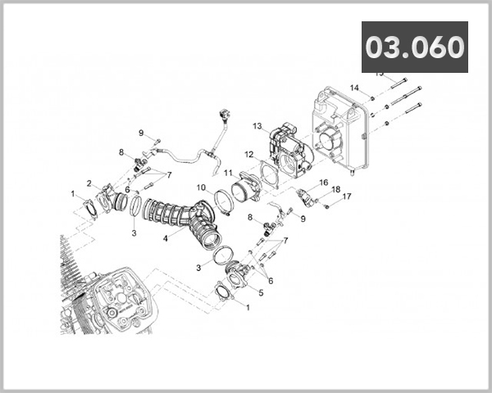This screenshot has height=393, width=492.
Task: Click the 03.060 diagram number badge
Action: pyautogui.click(x=414, y=47)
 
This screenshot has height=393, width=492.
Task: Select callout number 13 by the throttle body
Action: pyautogui.click(x=257, y=126)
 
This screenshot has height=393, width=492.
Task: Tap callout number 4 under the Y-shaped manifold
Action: pyautogui.click(x=166, y=239)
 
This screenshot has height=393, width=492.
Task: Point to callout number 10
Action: pyautogui.click(x=201, y=187)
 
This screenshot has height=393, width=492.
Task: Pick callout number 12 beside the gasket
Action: pyautogui.click(x=248, y=154)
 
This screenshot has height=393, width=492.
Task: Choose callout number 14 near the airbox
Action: pyautogui.click(x=354, y=88)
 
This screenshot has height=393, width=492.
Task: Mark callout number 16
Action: pyautogui.click(x=324, y=183)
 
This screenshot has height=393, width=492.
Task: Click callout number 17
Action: pyautogui.click(x=347, y=196)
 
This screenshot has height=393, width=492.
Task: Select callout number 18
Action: pyautogui.click(x=336, y=189)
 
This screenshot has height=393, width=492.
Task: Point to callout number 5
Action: pyautogui.click(x=261, y=292)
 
